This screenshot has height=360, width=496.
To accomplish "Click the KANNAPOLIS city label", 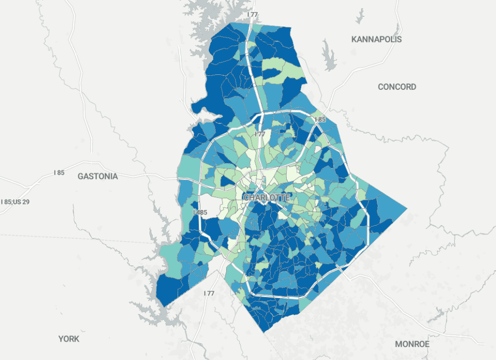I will point(376,39).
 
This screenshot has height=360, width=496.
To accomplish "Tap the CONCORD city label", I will point(397,87).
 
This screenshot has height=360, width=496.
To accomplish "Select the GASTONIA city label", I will point(98,176).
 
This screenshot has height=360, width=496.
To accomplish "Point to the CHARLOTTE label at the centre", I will point(266,197).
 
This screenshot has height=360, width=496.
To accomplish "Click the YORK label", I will point(68,339).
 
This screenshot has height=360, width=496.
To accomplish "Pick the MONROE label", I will point(412,344).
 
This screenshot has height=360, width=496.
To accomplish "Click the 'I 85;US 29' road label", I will point(15,202).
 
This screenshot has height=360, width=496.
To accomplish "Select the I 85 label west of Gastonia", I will point(59,173).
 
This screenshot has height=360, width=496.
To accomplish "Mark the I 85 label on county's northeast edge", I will point(320,120).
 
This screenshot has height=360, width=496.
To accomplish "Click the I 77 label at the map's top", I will point(252,14).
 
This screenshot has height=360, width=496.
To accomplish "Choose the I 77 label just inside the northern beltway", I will point(259,134).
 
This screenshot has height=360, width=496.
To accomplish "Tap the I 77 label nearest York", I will point(209,293).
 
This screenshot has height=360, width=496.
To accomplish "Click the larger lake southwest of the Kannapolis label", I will point(328,56).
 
